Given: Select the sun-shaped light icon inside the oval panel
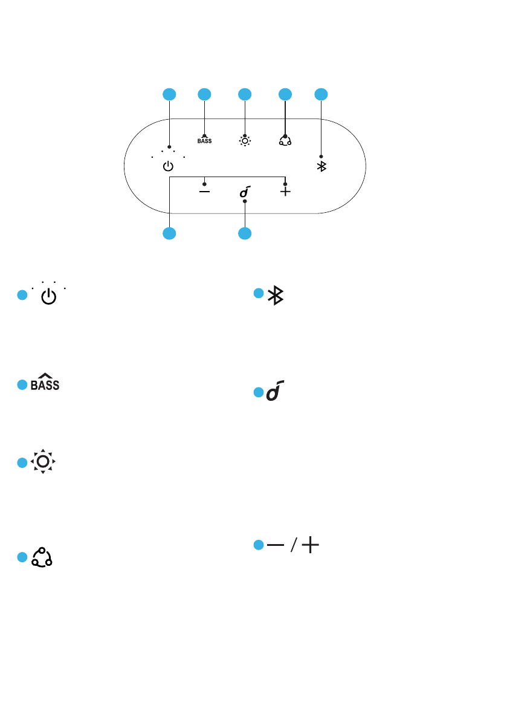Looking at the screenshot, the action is coord(245,141).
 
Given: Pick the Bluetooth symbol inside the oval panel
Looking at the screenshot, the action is coord(321,166).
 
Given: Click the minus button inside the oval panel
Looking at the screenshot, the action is coord(205,190).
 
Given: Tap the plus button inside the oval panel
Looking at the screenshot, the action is coord(285,191).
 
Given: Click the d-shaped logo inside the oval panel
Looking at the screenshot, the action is coord(245,192).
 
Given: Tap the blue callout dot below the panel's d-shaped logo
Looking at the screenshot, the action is coord(245,233).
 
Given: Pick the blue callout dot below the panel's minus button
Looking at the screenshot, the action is coord(169,233).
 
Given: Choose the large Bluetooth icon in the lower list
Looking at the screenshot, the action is coord(276,295).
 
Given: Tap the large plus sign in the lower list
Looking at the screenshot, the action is coord(310,545).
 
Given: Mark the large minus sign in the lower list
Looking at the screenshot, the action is coord(276,545).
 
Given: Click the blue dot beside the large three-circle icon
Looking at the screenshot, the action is coord(22,557).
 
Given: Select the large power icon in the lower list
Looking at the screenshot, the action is coord(50,297).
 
